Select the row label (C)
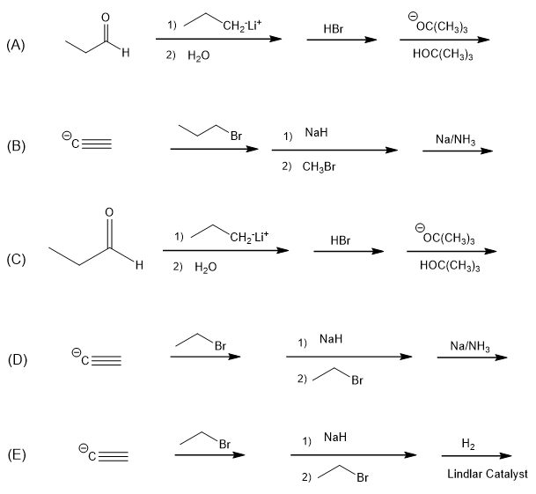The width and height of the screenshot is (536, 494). (15, 259)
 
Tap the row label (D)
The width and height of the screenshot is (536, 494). (16, 358)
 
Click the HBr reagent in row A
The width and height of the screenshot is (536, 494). (334, 29)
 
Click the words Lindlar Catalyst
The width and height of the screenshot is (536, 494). (487, 475)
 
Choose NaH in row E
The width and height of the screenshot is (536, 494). (335, 437)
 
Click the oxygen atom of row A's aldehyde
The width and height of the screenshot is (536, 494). (106, 17)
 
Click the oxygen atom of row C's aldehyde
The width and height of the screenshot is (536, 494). (108, 211)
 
